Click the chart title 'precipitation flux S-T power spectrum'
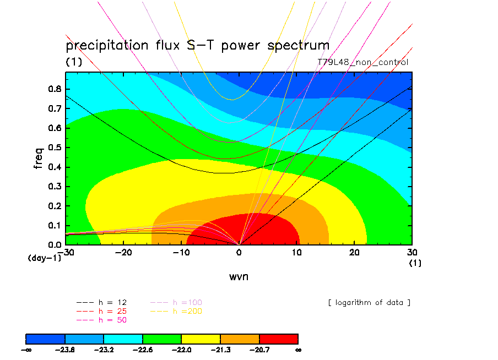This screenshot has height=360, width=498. pyautogui.click(x=197, y=45)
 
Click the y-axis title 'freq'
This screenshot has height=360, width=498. pyautogui.click(x=39, y=158)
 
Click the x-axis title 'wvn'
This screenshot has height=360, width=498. pyautogui.click(x=239, y=276)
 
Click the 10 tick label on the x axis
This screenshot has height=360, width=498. pyautogui.click(x=297, y=252)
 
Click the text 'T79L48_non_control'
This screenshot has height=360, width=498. pyautogui.click(x=363, y=62)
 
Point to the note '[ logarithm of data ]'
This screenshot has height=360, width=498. pyautogui.click(x=369, y=303)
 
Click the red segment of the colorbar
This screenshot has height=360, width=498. pyautogui.click(x=279, y=338)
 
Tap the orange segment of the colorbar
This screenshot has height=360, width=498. pyautogui.click(x=240, y=338)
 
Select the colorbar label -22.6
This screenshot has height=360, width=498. pyautogui.click(x=143, y=349)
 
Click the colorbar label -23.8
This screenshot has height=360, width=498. pyautogui.click(x=65, y=349)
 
